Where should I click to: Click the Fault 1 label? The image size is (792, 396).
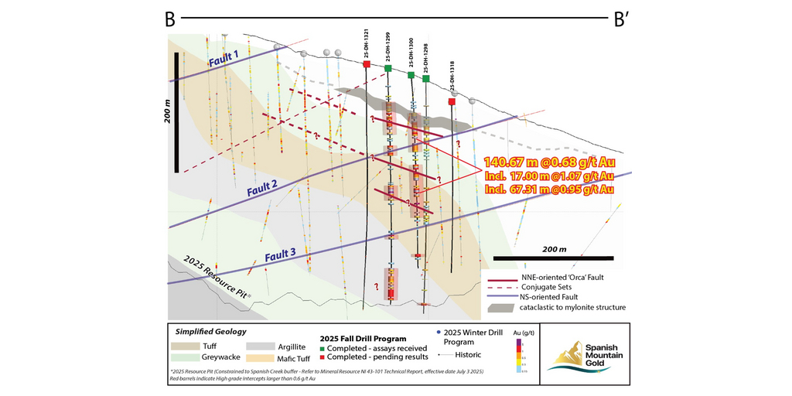coord(224,59)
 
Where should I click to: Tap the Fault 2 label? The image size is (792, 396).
coord(262,187)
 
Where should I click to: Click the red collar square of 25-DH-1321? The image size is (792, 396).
coord(367,64)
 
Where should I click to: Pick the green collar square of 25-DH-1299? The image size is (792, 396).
coord(388,69)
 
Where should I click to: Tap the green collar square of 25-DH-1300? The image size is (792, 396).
coord(411,74)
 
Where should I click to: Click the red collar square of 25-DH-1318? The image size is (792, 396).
coord(452,101)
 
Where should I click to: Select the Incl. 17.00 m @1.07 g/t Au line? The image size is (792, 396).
coord(548,176)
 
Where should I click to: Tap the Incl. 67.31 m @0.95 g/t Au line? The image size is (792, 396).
coord(550,189)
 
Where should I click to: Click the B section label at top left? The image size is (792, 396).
coord(169,19)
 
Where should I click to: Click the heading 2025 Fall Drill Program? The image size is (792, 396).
coord(363,338)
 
